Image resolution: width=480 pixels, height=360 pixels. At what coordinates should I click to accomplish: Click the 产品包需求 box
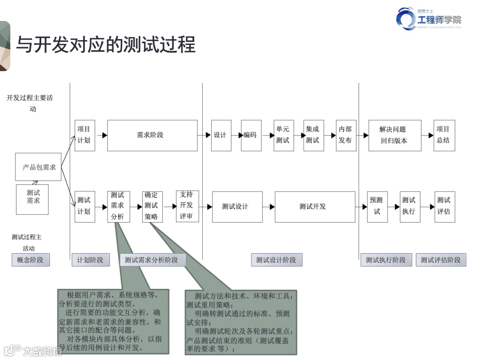(x=38, y=167)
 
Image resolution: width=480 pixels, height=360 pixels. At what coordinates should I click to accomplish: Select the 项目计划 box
(x=84, y=135)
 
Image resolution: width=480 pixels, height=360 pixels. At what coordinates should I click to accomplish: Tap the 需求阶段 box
(x=152, y=135)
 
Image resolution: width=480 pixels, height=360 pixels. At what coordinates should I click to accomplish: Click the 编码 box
(x=251, y=135)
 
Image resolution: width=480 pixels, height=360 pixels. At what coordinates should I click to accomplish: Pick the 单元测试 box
(x=284, y=135)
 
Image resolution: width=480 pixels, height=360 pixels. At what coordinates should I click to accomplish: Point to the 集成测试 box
(x=314, y=135)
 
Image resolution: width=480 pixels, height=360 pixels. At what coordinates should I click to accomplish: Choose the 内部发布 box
(x=346, y=135)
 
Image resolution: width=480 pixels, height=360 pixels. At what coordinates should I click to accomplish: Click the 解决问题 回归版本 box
(x=395, y=135)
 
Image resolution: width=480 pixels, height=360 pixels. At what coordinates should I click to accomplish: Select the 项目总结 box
(x=444, y=135)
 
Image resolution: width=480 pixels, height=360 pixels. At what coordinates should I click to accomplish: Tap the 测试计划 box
(x=84, y=206)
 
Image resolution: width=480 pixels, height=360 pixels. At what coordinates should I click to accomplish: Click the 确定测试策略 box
(x=152, y=206)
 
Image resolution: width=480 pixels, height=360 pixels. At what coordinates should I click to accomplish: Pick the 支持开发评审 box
(x=187, y=206)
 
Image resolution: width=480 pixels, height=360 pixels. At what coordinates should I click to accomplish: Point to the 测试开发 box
(x=315, y=207)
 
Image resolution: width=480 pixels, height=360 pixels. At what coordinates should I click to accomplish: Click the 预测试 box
(x=377, y=207)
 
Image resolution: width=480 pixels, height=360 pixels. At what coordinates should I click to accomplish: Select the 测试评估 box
(x=444, y=206)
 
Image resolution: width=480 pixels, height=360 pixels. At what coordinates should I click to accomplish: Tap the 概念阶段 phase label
(x=31, y=260)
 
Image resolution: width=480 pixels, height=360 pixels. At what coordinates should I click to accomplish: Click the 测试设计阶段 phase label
(x=276, y=260)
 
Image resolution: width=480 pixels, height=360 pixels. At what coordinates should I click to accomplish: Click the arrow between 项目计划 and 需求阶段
(x=102, y=135)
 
